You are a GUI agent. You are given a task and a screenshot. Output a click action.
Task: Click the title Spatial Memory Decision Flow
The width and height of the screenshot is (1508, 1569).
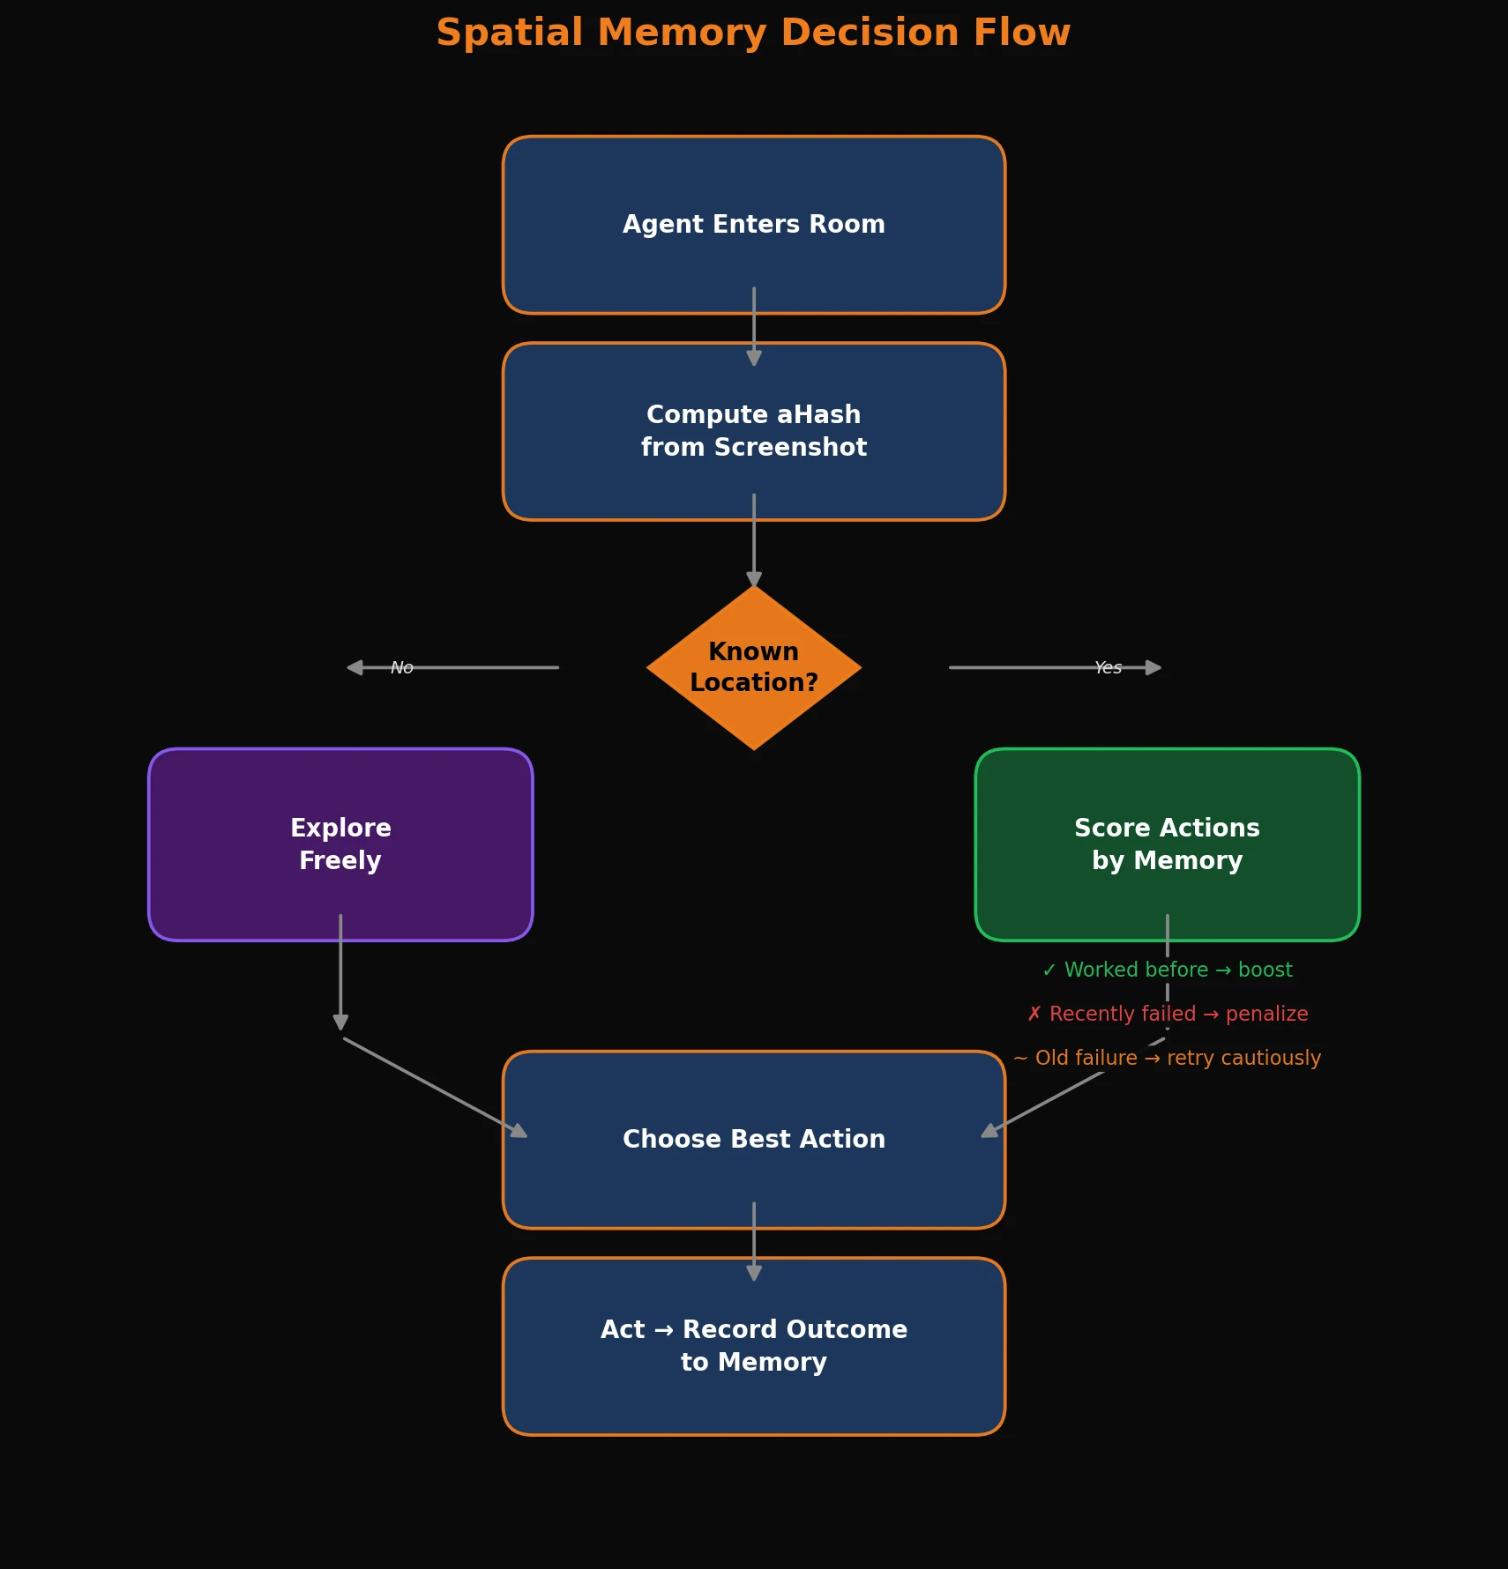click(753, 33)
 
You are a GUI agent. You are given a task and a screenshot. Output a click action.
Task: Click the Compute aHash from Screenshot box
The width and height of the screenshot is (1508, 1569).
click(753, 431)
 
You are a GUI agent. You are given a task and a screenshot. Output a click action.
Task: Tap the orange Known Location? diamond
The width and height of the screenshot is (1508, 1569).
click(753, 667)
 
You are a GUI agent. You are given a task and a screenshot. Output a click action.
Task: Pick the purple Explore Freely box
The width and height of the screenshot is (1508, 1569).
click(340, 844)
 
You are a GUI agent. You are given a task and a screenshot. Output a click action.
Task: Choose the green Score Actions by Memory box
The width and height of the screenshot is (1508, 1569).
click(1167, 844)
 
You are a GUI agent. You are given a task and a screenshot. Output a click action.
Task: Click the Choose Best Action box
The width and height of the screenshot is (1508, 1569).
click(753, 1139)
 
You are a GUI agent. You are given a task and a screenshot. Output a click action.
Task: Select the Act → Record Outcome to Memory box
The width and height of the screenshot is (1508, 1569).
click(753, 1345)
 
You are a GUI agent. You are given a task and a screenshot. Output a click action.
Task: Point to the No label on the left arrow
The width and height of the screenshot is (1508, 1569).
click(402, 668)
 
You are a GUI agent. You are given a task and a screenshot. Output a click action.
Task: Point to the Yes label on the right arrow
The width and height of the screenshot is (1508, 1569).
click(1108, 668)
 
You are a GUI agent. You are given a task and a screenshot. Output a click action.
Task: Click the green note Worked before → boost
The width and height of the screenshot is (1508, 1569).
click(1167, 970)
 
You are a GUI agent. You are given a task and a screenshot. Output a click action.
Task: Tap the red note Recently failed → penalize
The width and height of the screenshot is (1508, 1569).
click(1167, 1014)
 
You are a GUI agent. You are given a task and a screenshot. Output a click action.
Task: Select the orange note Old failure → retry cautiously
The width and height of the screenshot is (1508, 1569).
click(1167, 1058)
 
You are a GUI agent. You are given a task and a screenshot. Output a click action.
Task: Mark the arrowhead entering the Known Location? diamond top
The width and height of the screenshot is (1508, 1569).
click(753, 579)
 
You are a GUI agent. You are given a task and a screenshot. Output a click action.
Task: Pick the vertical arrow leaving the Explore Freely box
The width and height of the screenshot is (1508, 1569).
click(340, 970)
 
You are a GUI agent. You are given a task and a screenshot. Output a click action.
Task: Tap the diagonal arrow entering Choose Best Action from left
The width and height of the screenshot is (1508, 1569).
click(435, 1088)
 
